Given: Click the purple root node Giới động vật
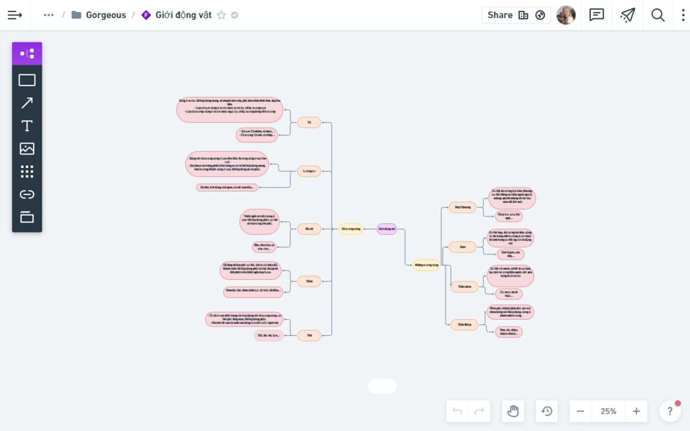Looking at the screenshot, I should (x=387, y=229).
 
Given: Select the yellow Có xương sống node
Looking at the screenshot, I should (x=351, y=229).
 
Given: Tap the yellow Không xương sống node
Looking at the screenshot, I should (x=427, y=265).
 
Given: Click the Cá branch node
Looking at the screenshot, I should (x=309, y=122).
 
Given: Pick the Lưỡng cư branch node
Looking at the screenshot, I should (x=309, y=171).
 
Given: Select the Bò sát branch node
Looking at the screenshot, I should (x=309, y=229).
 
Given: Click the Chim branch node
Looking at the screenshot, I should (x=309, y=281).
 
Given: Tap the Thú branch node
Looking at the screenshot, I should (x=309, y=335).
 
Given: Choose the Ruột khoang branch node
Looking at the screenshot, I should (x=462, y=207).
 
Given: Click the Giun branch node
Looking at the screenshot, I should (x=463, y=247).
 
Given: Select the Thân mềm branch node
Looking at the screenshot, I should (x=464, y=287).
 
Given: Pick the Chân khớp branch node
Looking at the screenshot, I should (x=464, y=324).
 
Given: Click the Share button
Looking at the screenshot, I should (x=500, y=15).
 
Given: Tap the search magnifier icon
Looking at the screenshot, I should (x=658, y=15).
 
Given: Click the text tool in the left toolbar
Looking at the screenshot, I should (x=27, y=126).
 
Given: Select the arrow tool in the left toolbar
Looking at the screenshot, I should (x=27, y=103).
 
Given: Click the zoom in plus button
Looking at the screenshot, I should (x=636, y=411).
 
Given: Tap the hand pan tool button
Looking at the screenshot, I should (x=513, y=411).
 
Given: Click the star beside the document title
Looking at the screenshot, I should (x=221, y=15).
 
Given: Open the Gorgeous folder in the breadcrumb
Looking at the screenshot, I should (x=106, y=15).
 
